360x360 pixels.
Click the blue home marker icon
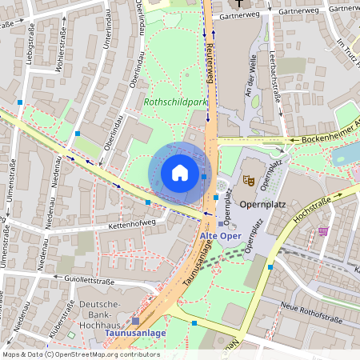tap(180, 173)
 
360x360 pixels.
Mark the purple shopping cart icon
tap(323, 231)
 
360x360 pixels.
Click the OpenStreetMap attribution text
tap(80, 354)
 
